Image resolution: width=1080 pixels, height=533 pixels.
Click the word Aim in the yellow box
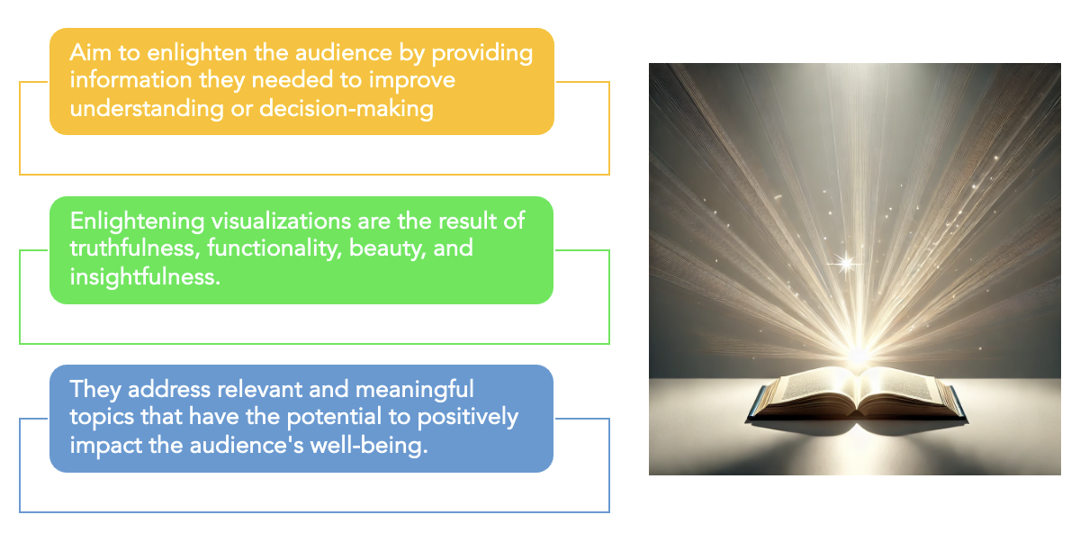(x=89, y=53)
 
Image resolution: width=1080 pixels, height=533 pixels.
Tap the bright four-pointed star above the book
(x=846, y=263)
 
